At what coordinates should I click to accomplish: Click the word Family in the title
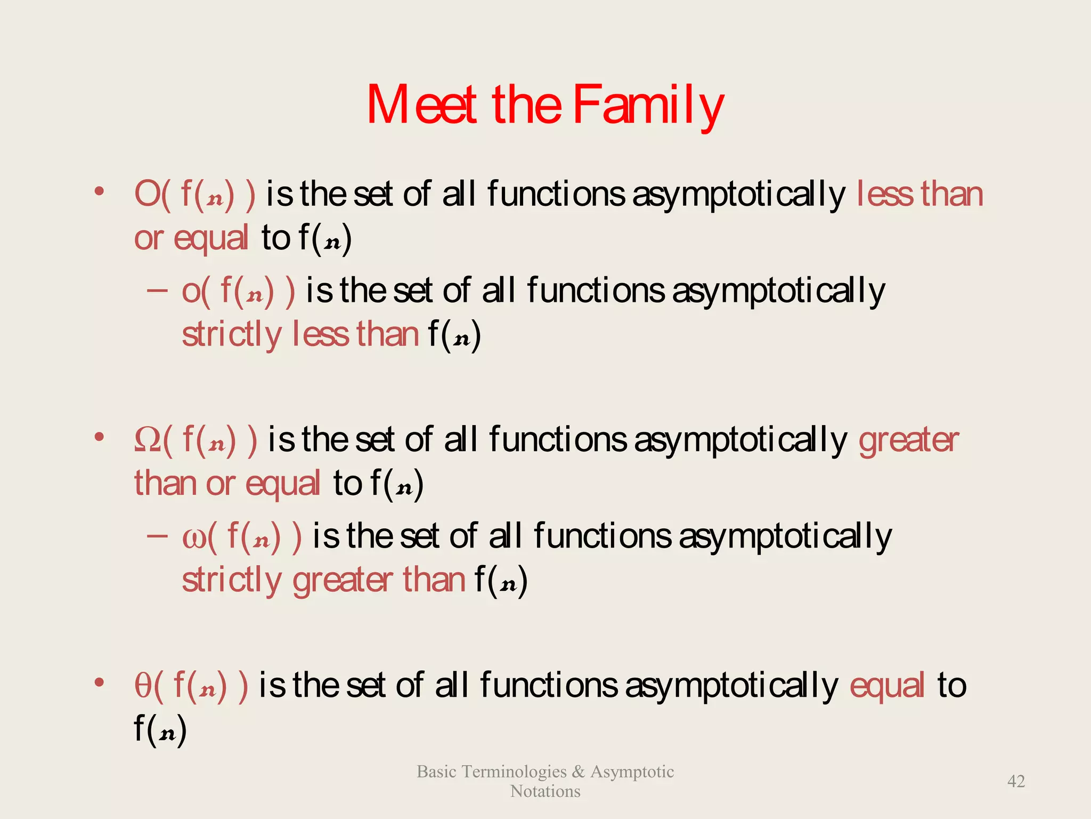point(648,106)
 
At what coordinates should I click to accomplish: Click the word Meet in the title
point(421,106)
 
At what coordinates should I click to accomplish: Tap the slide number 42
point(1016,781)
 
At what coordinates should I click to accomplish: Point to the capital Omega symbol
point(148,440)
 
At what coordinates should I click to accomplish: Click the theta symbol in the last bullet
point(143,686)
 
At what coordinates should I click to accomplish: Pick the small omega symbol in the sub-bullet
point(194,537)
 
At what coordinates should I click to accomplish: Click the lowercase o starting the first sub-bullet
point(191,292)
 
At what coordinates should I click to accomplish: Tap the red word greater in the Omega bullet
point(908,441)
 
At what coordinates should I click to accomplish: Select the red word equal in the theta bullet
point(886,687)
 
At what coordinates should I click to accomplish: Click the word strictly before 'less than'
point(231,335)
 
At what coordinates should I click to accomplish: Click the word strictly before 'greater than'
point(231,580)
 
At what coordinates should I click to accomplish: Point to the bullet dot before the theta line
point(99,682)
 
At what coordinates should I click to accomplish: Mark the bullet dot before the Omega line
point(99,437)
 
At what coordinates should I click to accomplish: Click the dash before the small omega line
point(157,535)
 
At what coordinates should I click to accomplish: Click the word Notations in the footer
point(545,791)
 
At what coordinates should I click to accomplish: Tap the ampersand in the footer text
point(578,772)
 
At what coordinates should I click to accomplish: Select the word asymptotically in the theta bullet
point(731,687)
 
